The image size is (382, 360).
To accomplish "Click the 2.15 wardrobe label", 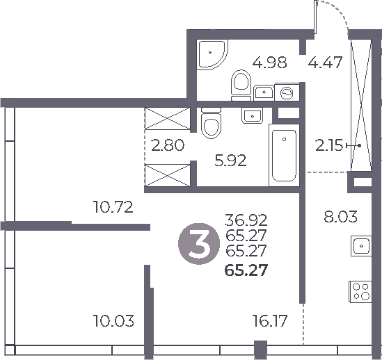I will (329, 147).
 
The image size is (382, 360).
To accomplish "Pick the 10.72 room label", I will (113, 207).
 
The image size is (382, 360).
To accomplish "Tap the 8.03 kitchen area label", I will (341, 217).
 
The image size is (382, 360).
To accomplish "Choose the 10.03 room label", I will (113, 321).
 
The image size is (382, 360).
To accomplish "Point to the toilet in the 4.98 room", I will (241, 83).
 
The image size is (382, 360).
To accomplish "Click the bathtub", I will (283, 153).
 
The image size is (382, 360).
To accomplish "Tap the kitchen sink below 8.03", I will (362, 246).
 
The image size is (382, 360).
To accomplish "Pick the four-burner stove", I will (361, 291).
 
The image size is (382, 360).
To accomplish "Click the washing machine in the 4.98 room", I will (286, 91).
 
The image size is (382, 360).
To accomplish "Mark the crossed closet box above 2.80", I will (167, 119).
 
